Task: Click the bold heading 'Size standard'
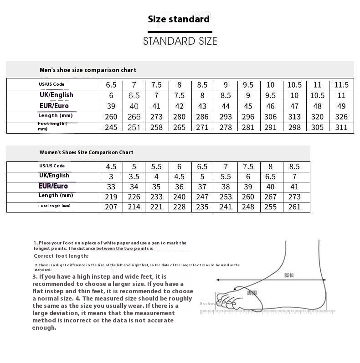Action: coord(179,19)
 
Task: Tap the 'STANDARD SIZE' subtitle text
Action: coord(180,41)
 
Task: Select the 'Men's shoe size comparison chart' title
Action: coord(87,70)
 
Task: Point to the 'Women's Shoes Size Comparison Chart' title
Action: coord(86,152)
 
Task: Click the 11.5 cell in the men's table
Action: coord(341,84)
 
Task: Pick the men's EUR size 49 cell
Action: coord(341,106)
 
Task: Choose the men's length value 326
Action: coord(341,117)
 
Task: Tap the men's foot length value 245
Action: coord(111,128)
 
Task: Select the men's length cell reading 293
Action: coord(226,117)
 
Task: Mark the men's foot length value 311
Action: coord(341,128)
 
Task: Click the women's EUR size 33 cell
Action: coord(111,187)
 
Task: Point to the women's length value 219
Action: coord(111,197)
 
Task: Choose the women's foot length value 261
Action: coord(295,207)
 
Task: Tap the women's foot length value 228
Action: coord(180,207)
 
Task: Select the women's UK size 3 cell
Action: coord(111,176)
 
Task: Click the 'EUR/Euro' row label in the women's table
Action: coord(53,186)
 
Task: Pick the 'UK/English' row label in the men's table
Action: coord(56,95)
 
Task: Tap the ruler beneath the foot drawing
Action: coord(269,312)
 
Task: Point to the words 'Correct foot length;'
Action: coord(61,256)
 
